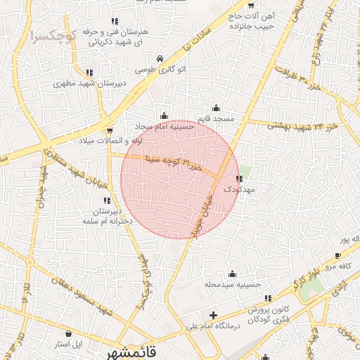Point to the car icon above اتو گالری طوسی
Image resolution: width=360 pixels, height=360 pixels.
pos(161,58)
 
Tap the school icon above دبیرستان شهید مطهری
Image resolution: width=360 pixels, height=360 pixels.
pos(89,72)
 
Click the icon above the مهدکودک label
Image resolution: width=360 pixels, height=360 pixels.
pos(240,179)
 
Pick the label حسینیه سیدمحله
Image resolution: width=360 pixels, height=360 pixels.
pos(233,285)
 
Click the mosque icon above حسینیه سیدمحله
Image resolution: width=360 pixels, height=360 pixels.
pos(233,274)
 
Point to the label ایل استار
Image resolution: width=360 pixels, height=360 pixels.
pos(69,345)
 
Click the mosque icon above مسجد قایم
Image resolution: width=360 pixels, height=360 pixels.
pos(216,108)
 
